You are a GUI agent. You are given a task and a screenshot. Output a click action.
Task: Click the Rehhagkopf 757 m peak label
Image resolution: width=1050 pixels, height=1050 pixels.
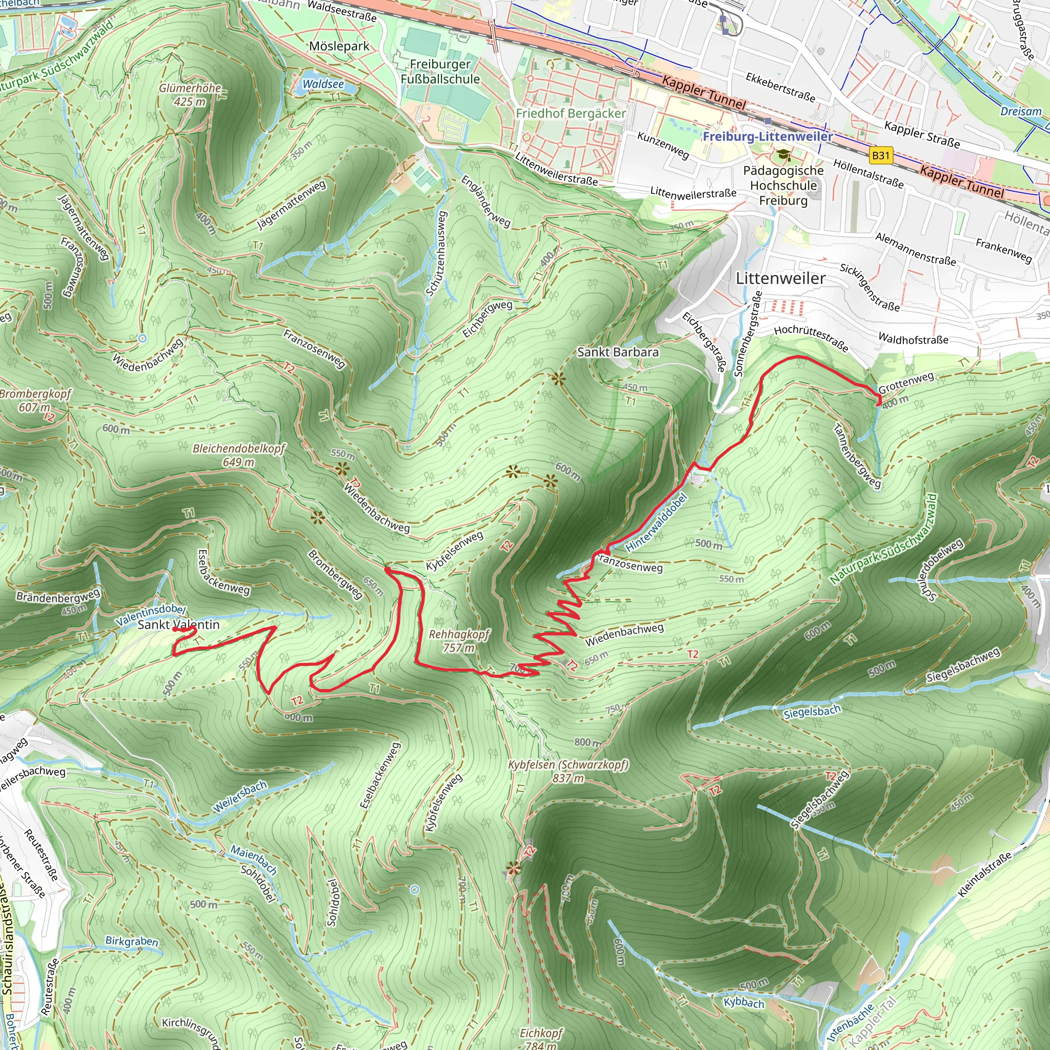(x=459, y=641)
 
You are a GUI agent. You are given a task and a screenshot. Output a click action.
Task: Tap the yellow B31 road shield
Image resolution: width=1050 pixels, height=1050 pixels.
(x=880, y=156)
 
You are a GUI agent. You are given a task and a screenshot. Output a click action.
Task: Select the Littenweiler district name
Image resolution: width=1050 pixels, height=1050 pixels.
(x=780, y=278)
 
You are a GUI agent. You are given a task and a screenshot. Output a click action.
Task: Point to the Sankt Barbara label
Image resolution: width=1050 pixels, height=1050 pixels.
(x=618, y=352)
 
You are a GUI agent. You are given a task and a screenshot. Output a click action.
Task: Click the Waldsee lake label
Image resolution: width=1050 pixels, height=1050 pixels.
(x=323, y=84)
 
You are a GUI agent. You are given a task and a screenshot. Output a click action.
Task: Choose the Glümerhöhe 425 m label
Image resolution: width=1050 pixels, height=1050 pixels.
(x=190, y=94)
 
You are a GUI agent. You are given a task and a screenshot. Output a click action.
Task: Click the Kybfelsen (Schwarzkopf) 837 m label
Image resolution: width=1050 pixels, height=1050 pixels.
(x=568, y=771)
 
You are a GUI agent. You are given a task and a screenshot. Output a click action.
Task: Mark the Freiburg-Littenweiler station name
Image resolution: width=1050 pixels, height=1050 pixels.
(x=768, y=136)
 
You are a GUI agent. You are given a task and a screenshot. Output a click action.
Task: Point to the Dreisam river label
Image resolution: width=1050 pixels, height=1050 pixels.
(x=1021, y=111)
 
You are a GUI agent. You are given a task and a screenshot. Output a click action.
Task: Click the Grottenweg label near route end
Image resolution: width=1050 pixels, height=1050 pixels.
(x=906, y=383)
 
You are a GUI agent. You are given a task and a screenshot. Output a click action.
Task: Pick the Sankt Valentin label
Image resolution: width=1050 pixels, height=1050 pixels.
(x=178, y=625)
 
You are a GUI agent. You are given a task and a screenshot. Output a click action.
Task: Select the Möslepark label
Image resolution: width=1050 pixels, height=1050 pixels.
(x=339, y=46)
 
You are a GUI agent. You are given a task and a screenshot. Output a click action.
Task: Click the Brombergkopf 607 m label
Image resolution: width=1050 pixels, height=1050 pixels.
(x=35, y=400)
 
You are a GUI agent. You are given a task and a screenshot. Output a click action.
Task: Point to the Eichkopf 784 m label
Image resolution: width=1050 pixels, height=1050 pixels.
(x=541, y=1038)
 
